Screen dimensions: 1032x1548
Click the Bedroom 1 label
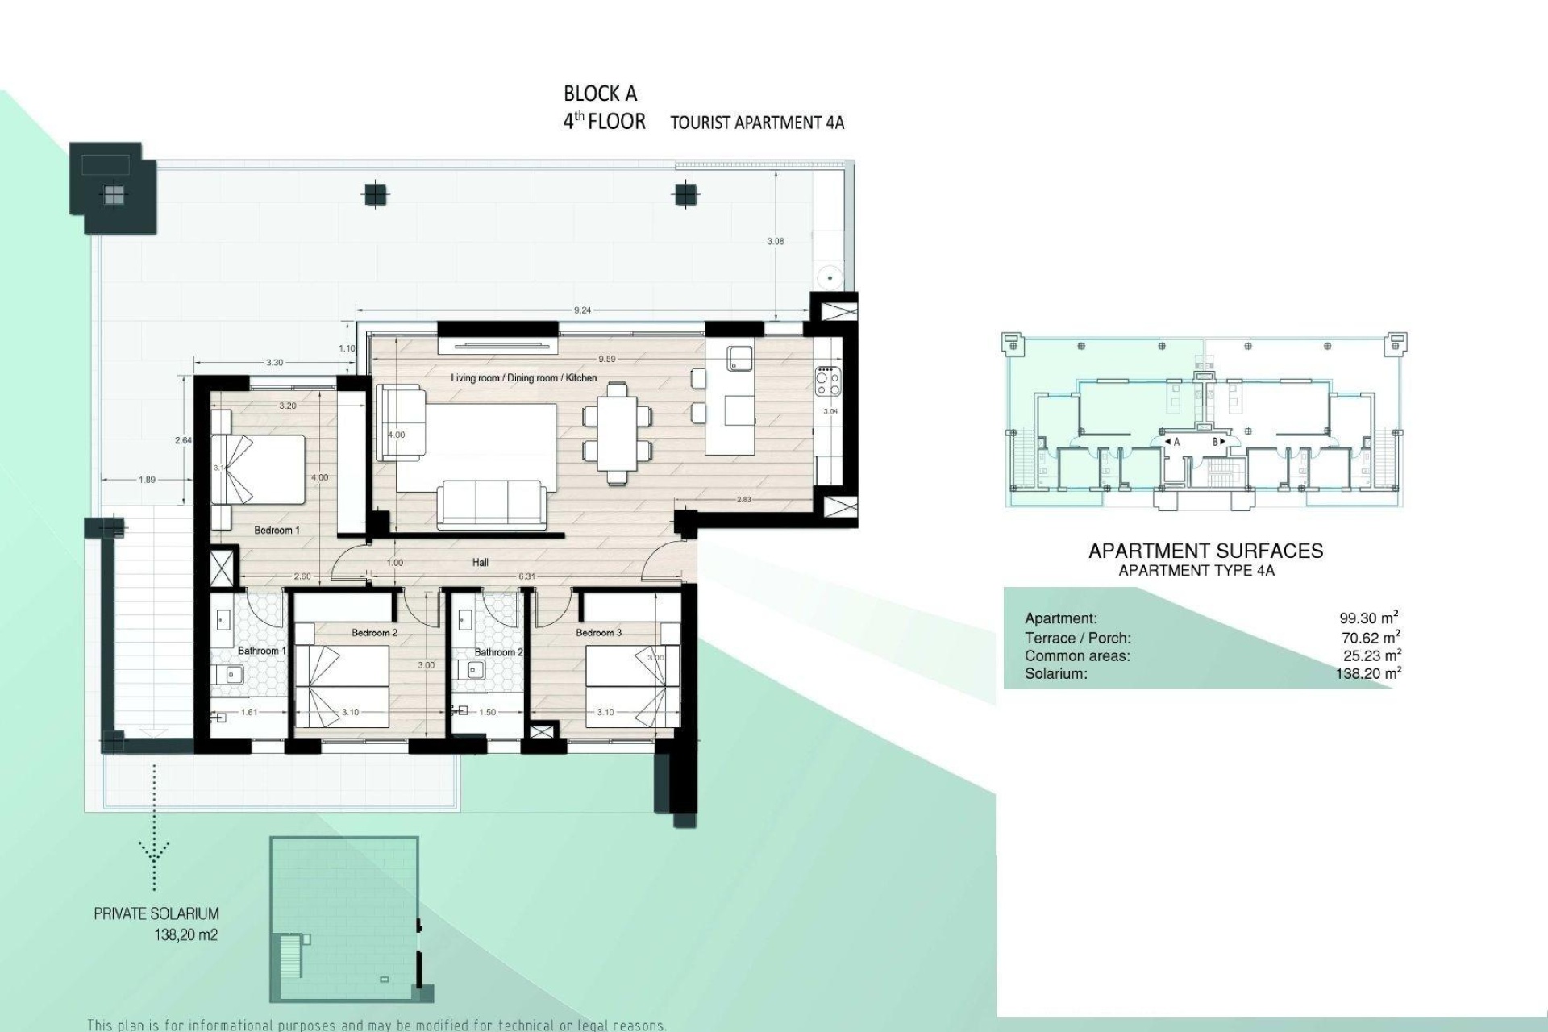coord(277,530)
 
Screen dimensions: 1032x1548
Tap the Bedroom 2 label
coord(374,633)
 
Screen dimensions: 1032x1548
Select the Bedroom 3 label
coord(598,633)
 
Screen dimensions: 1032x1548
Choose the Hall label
coord(480,563)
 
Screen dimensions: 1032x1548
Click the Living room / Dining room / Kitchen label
coord(524,377)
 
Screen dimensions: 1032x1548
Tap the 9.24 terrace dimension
coord(581,310)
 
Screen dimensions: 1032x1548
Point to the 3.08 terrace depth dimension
coord(775,241)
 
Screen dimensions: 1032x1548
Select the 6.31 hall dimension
coord(526,576)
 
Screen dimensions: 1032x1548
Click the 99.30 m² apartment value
coord(1367,618)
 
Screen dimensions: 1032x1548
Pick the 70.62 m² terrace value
coord(1370,638)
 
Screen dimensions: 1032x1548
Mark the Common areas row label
coord(1077,656)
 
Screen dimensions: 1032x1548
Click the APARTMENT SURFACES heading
coord(1205,551)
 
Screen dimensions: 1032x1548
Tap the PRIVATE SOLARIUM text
coord(156,913)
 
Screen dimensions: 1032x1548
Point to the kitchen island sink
coord(739,357)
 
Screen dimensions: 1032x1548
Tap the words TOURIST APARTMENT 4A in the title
coord(757,123)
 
